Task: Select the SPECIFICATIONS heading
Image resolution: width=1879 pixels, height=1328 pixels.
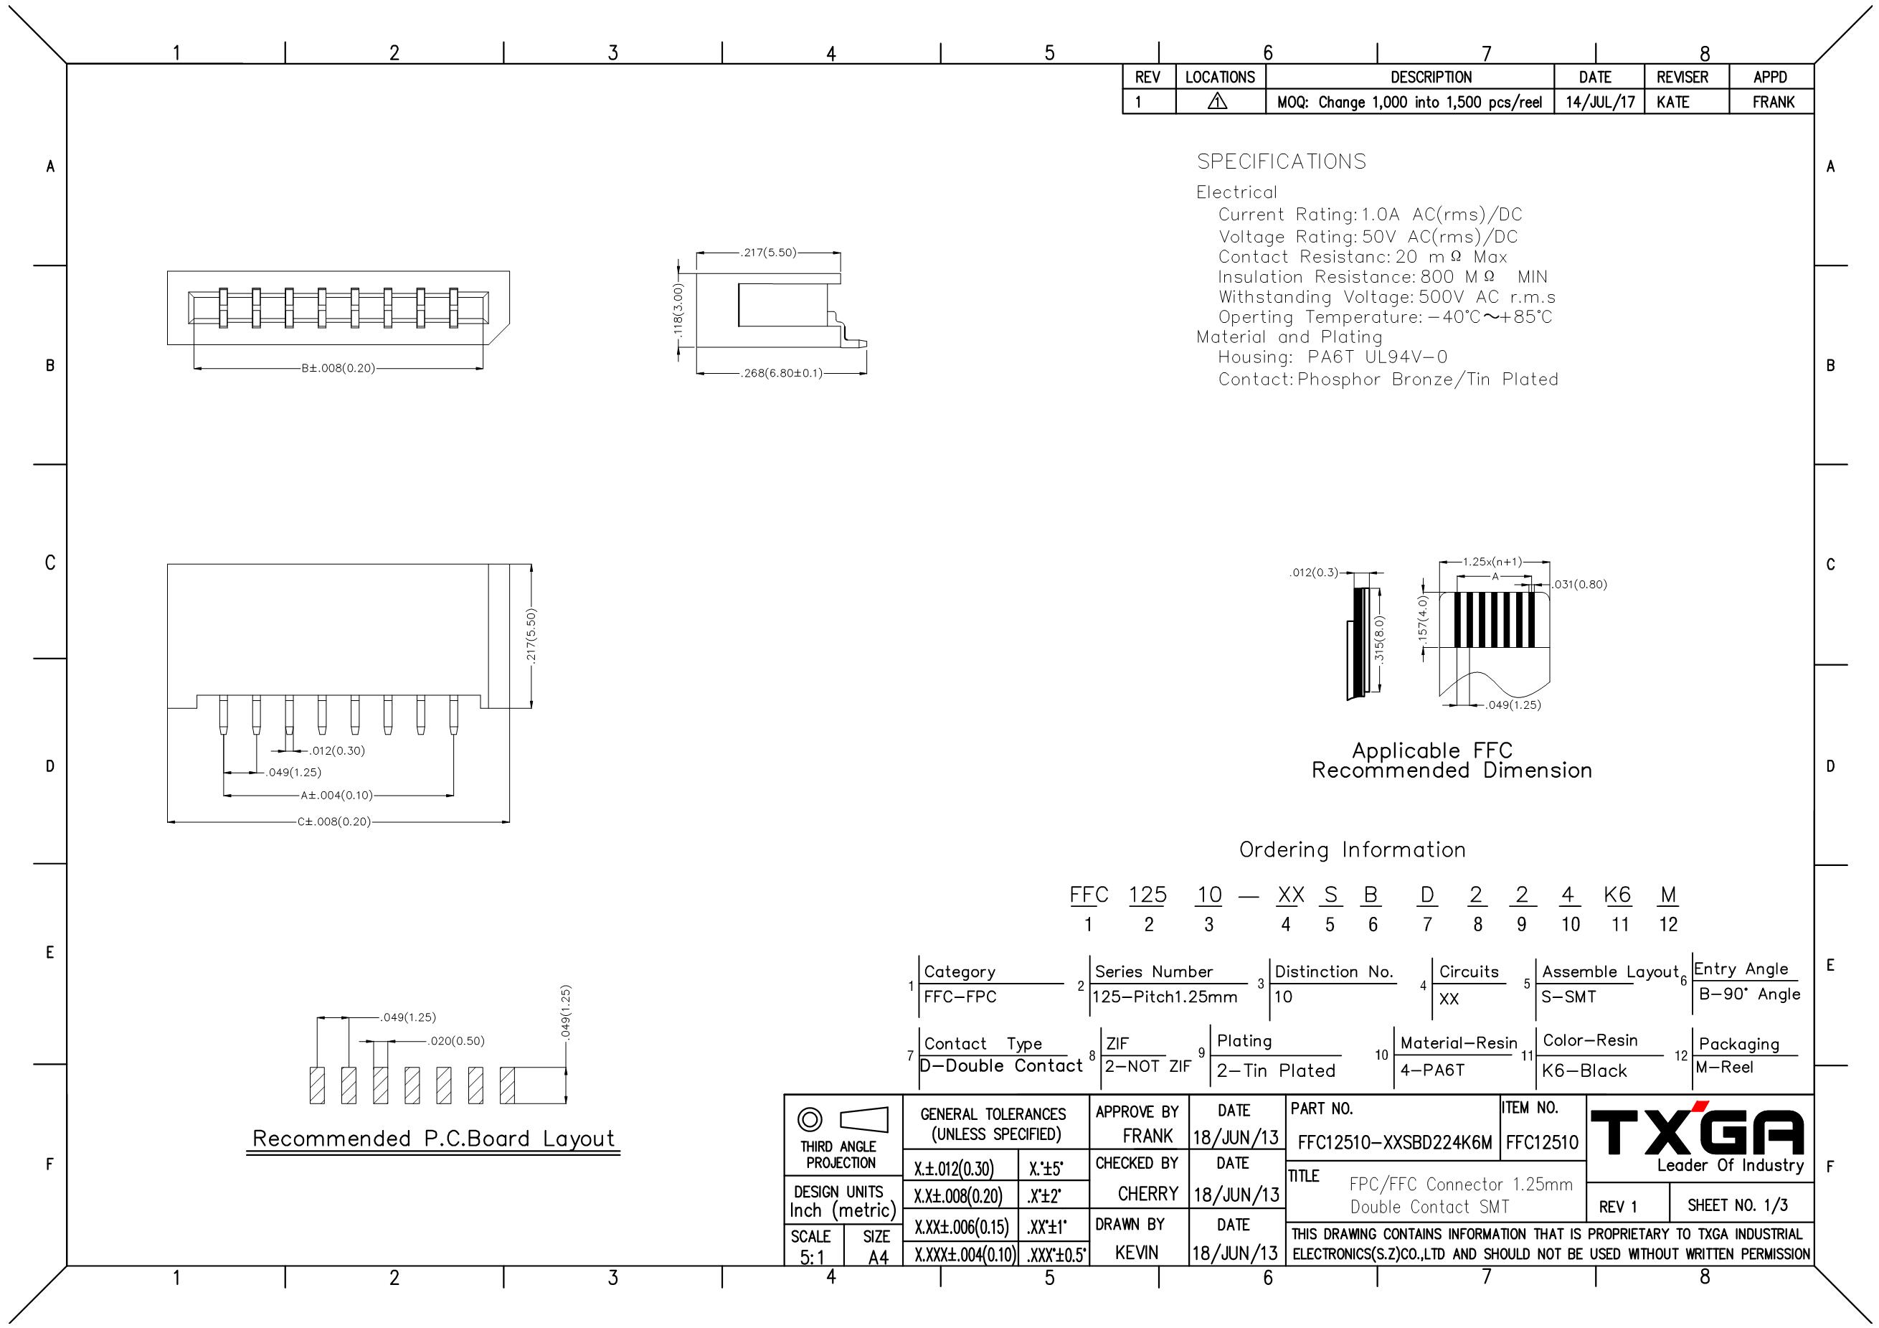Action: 1282,161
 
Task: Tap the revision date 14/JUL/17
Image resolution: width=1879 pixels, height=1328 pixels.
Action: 1600,103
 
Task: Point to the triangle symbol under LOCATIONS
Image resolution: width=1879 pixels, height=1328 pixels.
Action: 1218,102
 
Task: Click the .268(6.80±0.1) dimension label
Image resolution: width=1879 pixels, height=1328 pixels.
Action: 782,373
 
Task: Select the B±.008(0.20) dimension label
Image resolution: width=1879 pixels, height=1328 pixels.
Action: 338,369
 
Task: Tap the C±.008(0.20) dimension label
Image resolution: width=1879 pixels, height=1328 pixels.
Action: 334,821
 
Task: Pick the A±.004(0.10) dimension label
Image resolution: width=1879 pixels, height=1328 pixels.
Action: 336,795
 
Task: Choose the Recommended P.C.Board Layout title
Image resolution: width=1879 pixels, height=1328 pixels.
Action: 433,1139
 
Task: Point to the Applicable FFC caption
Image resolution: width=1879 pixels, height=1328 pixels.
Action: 1432,750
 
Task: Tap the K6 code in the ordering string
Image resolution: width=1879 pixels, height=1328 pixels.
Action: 1618,895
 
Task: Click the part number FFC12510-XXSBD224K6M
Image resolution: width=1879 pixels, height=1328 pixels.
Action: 1394,1143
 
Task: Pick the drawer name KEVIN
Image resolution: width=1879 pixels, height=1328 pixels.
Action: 1137,1253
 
